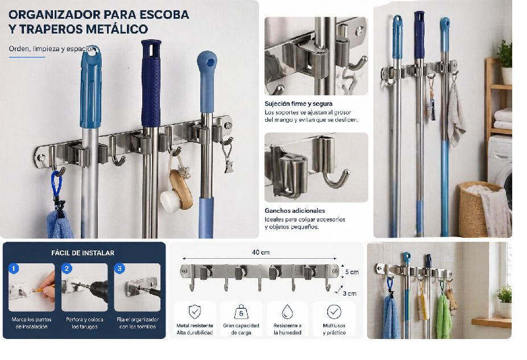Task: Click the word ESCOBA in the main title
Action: coord(164,15)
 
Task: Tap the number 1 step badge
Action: coord(14,268)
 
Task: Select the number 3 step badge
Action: coord(120,268)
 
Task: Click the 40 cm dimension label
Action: coord(261,252)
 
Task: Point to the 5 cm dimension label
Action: coord(352,272)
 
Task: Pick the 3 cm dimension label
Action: coord(349,293)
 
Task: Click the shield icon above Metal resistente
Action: coord(195,312)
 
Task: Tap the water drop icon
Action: coord(287,312)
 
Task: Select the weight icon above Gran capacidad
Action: coord(241,312)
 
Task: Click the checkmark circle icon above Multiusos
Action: coord(334,312)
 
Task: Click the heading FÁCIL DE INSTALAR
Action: coord(83,253)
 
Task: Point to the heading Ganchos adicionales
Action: coord(295,210)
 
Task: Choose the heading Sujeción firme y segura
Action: coord(298,104)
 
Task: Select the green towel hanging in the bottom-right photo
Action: coord(444,316)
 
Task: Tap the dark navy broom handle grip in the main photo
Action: coord(151,83)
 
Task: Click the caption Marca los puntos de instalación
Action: coord(32,323)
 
